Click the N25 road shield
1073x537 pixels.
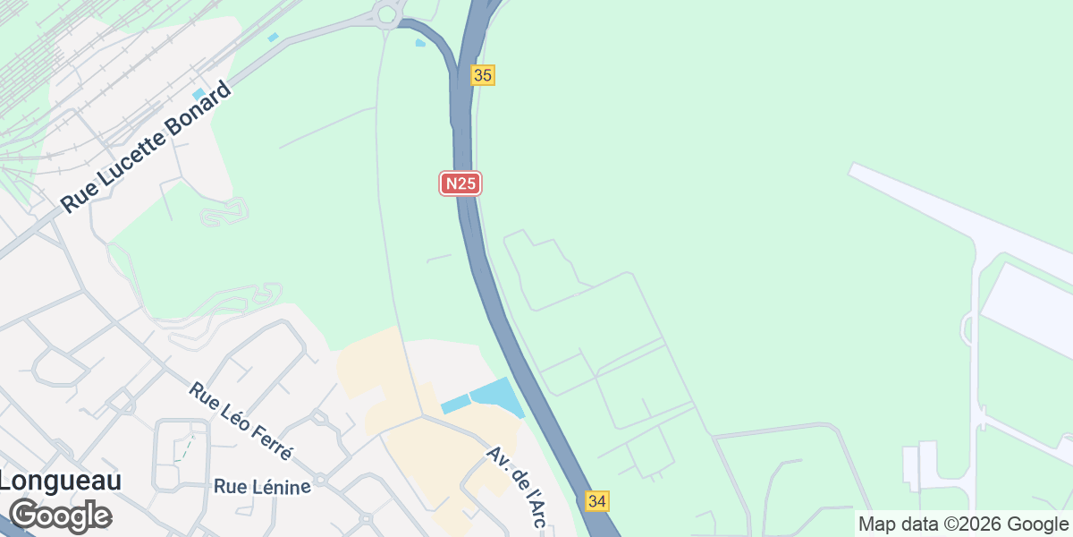coord(461,183)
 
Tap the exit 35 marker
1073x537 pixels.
coord(483,75)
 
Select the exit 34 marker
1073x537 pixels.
coord(598,501)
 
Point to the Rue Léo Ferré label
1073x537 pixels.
coord(241,421)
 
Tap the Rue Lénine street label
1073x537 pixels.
coord(263,487)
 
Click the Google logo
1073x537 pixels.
coord(60,516)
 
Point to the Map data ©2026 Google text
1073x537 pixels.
coord(963,524)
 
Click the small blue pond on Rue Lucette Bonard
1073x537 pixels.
coord(199,94)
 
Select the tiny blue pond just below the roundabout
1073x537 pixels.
coord(420,42)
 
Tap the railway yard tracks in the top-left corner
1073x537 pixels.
coord(54,54)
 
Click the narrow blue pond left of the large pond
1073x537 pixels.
coord(455,404)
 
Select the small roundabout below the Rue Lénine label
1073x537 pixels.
coord(365,518)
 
